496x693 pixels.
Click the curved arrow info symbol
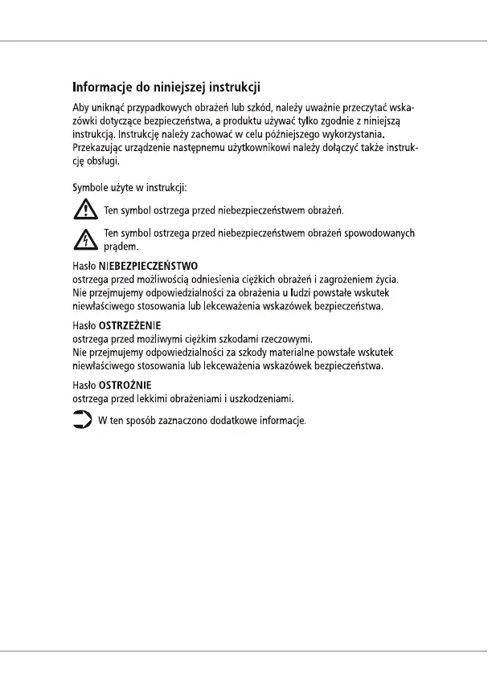pyautogui.click(x=82, y=420)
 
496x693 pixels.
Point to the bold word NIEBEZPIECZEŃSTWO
pyautogui.click(x=149, y=265)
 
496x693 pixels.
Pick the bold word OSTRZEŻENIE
pyautogui.click(x=129, y=325)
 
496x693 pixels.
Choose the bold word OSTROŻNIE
pyautogui.click(x=125, y=385)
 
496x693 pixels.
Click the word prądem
pyautogui.click(x=121, y=247)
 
